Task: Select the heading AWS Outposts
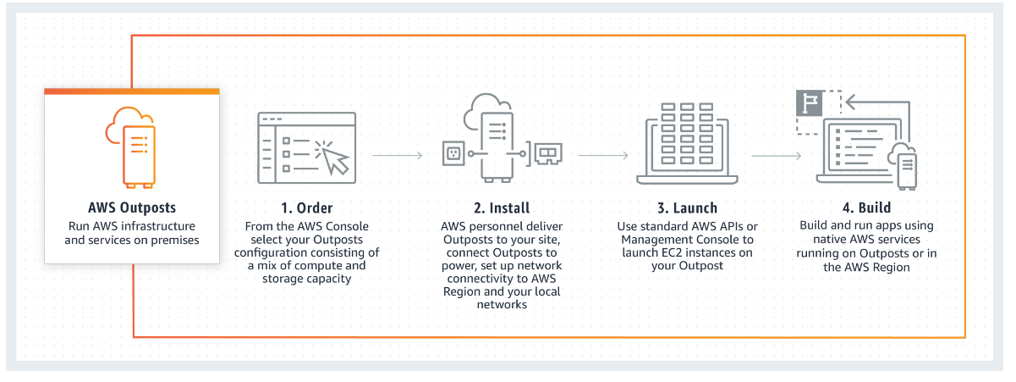pos(132,208)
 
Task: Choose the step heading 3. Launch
pos(687,208)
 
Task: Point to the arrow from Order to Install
pos(397,156)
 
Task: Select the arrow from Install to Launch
pos(602,156)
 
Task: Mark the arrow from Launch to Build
pos(776,156)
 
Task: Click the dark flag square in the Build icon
pos(810,103)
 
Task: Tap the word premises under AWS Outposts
pos(171,240)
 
